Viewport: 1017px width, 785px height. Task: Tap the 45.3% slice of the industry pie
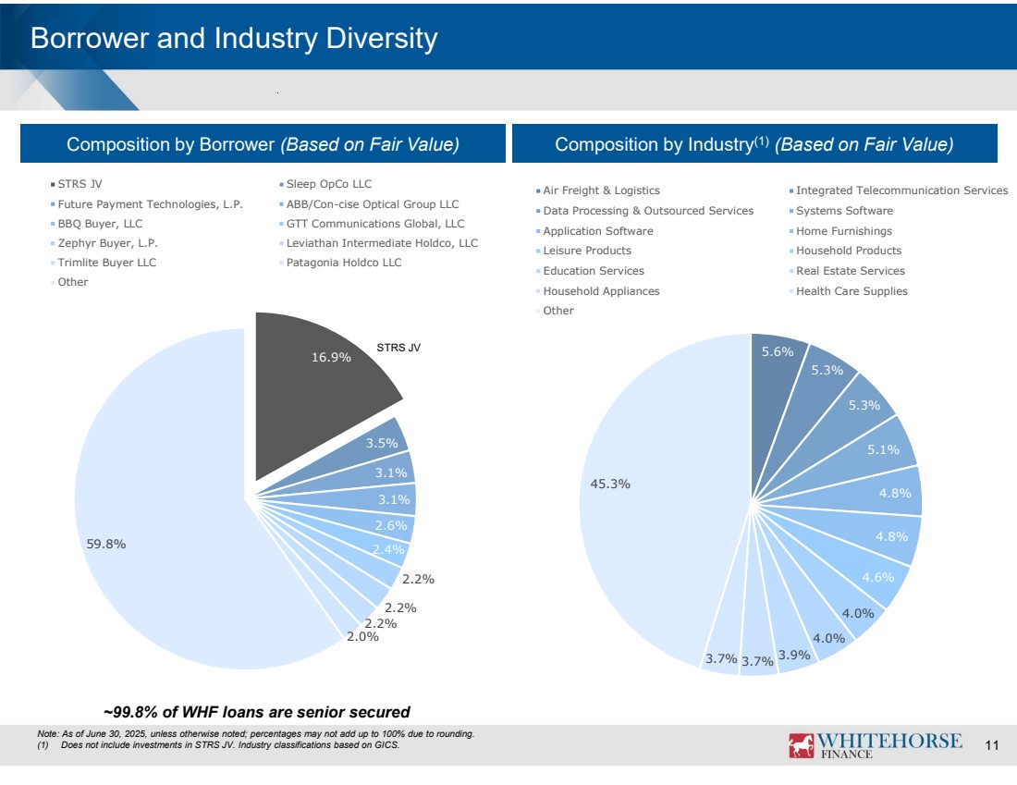coord(647,499)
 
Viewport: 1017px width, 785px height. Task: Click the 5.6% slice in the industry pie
coord(776,352)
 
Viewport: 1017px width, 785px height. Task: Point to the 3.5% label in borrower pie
coord(381,443)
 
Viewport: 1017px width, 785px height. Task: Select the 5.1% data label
coord(883,450)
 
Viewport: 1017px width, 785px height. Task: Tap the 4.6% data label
coord(877,577)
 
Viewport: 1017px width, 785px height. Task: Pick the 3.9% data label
coord(794,655)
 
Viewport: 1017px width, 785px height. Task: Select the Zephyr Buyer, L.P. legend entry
coord(102,243)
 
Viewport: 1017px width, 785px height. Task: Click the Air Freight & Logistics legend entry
coord(601,190)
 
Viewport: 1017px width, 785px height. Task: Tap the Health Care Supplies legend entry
coord(852,291)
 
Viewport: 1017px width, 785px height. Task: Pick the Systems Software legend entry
coord(844,211)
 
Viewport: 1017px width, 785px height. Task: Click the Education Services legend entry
coord(594,271)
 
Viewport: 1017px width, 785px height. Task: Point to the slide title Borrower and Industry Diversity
coord(234,39)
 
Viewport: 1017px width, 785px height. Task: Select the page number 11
coord(993,746)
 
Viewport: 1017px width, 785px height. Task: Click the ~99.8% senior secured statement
coord(256,712)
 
